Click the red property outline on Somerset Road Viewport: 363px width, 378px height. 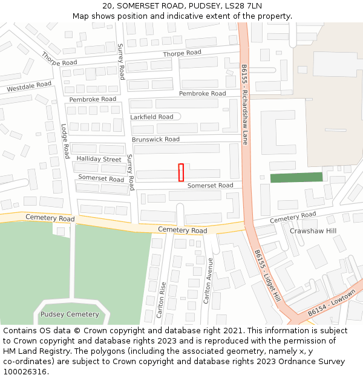coord(181,172)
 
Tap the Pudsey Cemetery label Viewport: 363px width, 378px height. coord(69,314)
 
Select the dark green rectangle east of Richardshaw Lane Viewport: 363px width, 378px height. coord(296,177)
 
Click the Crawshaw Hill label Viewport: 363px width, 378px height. coord(313,231)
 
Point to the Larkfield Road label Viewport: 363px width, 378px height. coord(152,117)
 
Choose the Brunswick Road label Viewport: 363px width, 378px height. coord(155,140)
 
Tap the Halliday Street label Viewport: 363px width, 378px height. coord(99,159)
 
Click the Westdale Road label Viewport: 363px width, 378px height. coord(29,87)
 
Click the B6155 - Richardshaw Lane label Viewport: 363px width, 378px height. coord(244,104)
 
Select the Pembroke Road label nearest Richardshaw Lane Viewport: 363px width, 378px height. coord(202,94)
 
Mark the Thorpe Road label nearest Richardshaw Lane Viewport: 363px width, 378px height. coord(182,53)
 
